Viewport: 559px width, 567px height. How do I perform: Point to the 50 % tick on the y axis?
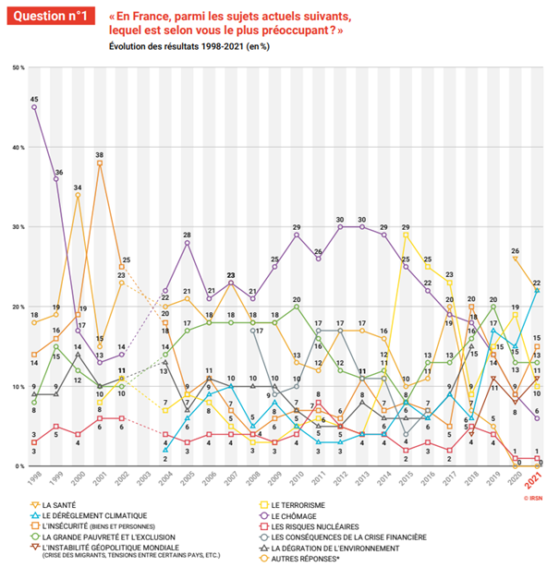pos(18,67)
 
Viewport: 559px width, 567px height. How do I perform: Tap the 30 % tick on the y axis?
pos(18,227)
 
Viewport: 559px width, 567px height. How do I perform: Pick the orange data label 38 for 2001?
pos(99,154)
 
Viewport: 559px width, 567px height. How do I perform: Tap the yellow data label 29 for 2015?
pos(406,226)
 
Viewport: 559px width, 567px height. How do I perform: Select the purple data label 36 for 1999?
pos(58,172)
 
